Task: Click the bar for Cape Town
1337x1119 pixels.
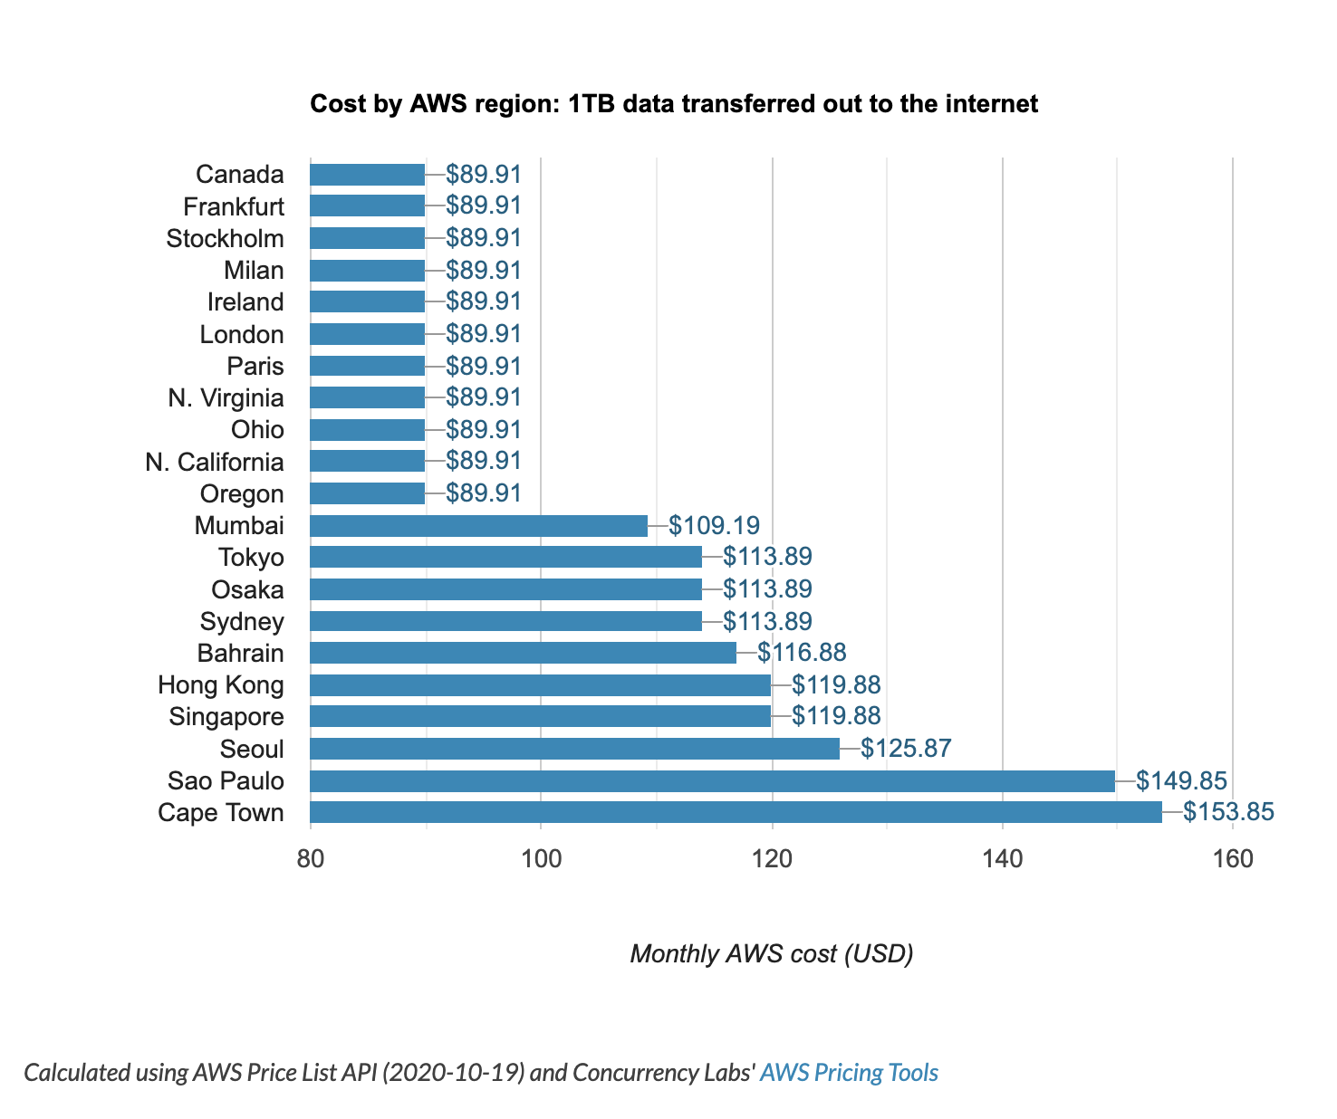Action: click(736, 813)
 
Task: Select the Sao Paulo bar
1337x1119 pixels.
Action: click(712, 781)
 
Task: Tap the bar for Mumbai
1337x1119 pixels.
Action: click(478, 526)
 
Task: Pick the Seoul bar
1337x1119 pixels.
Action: click(574, 749)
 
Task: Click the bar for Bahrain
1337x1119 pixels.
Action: click(523, 654)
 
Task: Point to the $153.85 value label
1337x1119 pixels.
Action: click(1228, 812)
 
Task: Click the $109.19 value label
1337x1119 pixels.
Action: click(714, 525)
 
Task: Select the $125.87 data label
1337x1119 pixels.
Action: click(906, 749)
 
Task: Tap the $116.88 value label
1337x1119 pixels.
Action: click(802, 653)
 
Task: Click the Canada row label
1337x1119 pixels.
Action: click(239, 175)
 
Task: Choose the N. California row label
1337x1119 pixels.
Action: click(215, 463)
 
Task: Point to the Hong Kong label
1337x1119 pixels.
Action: click(220, 685)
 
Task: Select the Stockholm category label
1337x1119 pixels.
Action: click(225, 239)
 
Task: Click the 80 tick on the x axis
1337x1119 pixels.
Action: click(311, 858)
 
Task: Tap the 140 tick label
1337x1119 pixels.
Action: click(1002, 858)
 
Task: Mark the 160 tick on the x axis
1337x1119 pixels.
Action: click(1232, 858)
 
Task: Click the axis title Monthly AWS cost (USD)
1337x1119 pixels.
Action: click(771, 954)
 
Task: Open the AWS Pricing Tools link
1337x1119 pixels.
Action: click(849, 1073)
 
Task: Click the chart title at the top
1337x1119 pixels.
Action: click(674, 104)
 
